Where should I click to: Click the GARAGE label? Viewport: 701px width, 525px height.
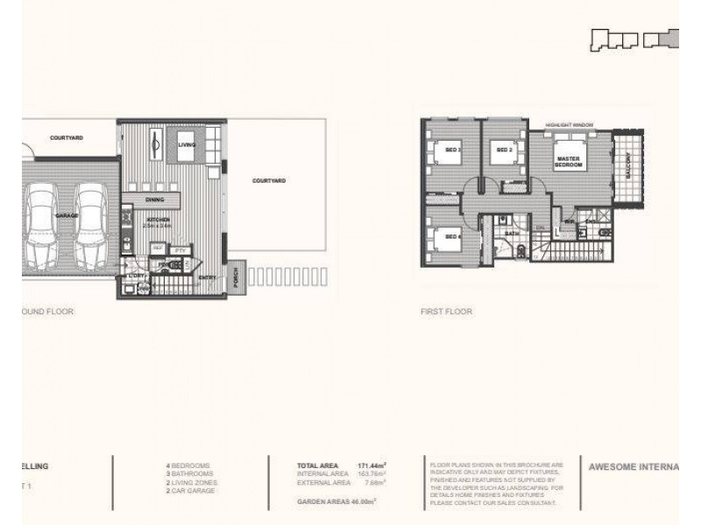(67, 213)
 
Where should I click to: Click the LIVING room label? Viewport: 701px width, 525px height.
(187, 145)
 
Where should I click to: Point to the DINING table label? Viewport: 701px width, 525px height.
(154, 200)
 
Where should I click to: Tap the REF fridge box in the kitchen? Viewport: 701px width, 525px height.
(159, 249)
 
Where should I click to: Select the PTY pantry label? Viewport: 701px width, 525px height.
(181, 250)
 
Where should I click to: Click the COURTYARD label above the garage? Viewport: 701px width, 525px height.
(67, 137)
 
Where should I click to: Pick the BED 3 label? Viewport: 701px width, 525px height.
(455, 150)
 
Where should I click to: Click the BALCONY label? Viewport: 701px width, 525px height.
(627, 164)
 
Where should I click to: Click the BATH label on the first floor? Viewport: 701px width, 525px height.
(512, 234)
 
